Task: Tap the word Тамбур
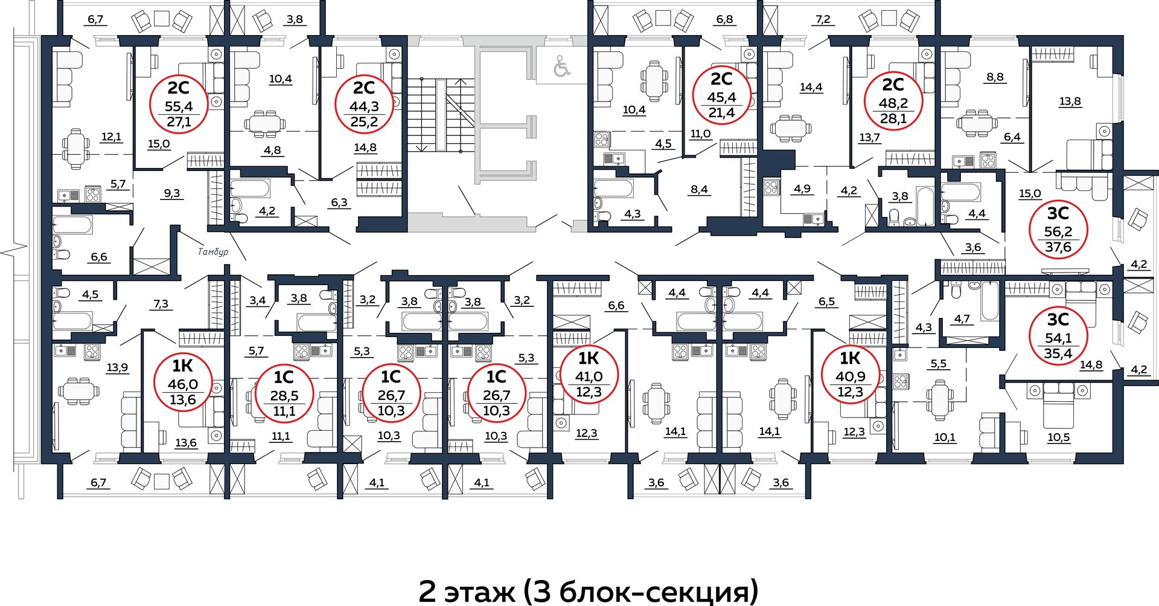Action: point(214,251)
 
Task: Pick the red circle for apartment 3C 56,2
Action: point(1058,231)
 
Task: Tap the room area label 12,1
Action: point(112,137)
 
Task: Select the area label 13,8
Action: point(1070,102)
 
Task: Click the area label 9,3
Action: point(172,194)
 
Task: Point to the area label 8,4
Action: point(699,190)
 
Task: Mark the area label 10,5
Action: point(1059,437)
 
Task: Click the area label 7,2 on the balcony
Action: point(823,19)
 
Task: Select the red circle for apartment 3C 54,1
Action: point(1058,337)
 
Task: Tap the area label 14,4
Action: point(811,87)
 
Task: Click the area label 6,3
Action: point(339,202)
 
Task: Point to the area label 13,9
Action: point(117,367)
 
